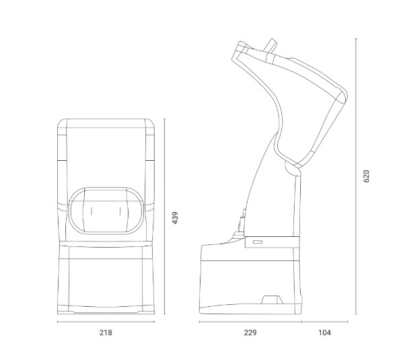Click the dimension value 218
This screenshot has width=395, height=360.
pos(106,333)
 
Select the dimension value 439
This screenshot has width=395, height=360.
pos(175,217)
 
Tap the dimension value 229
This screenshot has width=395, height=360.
pos(250,333)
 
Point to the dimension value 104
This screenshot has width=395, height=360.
pos(324,333)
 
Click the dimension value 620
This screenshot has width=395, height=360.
pos(367,176)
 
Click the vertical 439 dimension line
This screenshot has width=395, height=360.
pos(164,217)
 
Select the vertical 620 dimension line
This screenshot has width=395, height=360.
pos(356,176)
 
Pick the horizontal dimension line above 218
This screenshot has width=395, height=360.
pos(106,322)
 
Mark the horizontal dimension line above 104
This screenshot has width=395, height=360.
pos(325,322)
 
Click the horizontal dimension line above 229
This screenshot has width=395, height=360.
pos(250,322)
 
